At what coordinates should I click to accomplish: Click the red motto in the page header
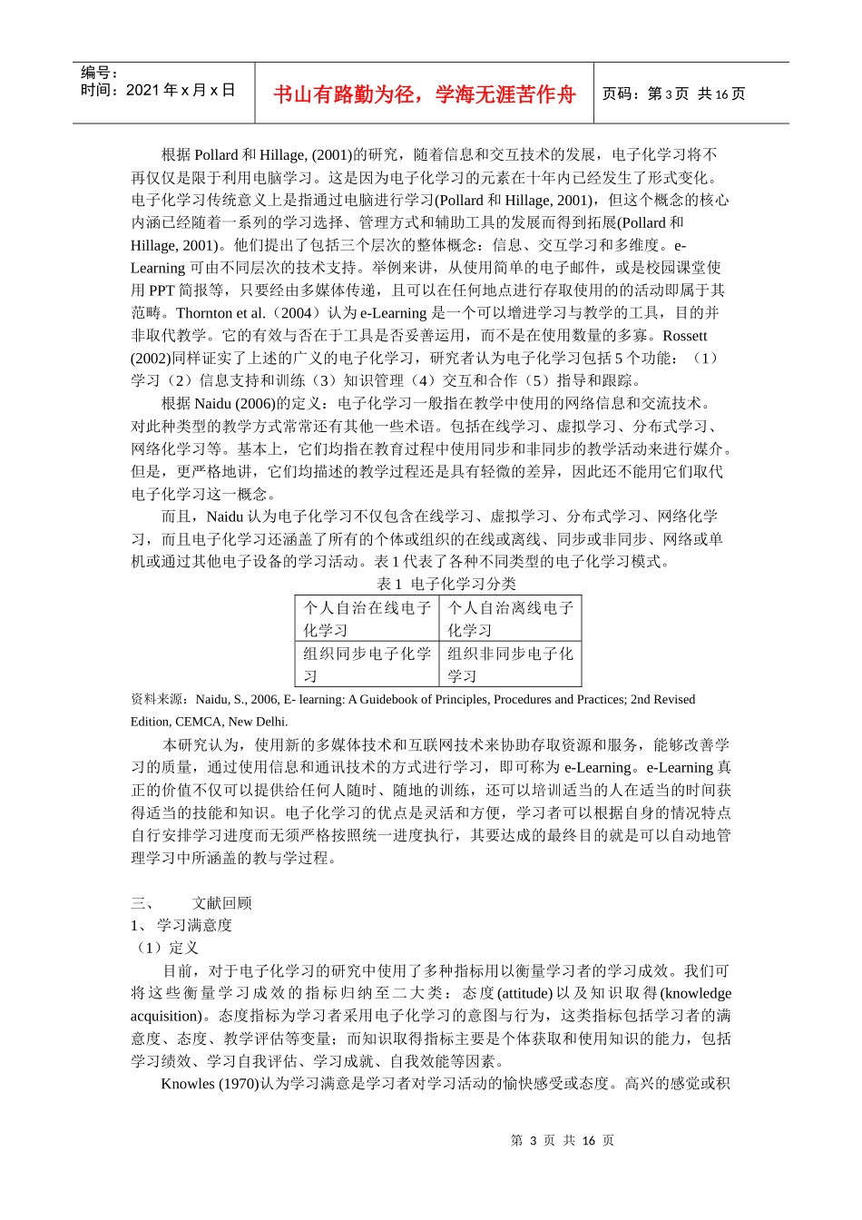[x=425, y=94]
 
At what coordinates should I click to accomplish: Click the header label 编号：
[x=100, y=73]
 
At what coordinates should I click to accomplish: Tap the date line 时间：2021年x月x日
[x=158, y=90]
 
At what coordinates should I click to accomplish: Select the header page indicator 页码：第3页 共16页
[x=673, y=93]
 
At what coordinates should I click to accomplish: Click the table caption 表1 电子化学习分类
[x=446, y=584]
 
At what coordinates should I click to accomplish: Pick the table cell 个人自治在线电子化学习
[x=367, y=619]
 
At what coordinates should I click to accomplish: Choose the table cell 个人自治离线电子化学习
[x=510, y=619]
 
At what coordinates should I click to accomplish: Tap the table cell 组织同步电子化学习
[x=367, y=664]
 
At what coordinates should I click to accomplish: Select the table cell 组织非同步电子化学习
[x=510, y=664]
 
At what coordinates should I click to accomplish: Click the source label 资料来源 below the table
[x=160, y=699]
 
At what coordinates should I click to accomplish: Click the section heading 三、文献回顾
[x=191, y=902]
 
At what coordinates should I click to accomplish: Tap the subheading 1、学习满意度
[x=181, y=925]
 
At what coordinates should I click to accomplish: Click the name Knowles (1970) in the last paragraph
[x=210, y=1083]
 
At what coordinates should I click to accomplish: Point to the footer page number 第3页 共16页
[x=563, y=1140]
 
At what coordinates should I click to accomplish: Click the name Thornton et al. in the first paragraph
[x=220, y=312]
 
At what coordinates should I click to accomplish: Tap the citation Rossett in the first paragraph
[x=684, y=335]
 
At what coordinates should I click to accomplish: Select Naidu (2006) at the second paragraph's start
[x=231, y=403]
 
